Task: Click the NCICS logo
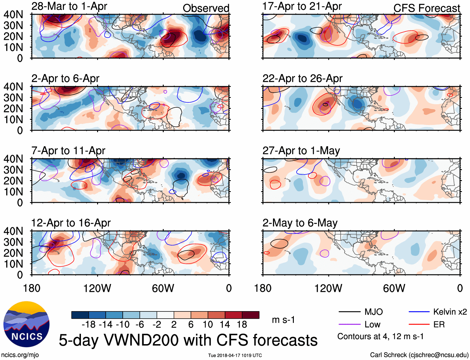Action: click(26, 324)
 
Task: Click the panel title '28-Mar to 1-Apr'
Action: click(69, 6)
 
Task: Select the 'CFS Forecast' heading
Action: click(426, 8)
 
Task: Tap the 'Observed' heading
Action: click(206, 8)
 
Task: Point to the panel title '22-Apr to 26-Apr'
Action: click(302, 78)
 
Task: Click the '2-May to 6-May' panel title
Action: click(300, 223)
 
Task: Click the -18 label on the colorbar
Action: click(89, 325)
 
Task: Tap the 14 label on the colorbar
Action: click(225, 325)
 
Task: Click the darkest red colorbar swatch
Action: click(251, 315)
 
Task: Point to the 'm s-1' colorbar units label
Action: click(283, 320)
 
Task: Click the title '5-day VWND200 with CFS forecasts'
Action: click(188, 340)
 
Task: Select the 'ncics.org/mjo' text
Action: click(20, 355)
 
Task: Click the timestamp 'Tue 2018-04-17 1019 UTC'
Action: click(235, 355)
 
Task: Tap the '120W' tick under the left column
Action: click(97, 288)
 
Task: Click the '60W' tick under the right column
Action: click(394, 288)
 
